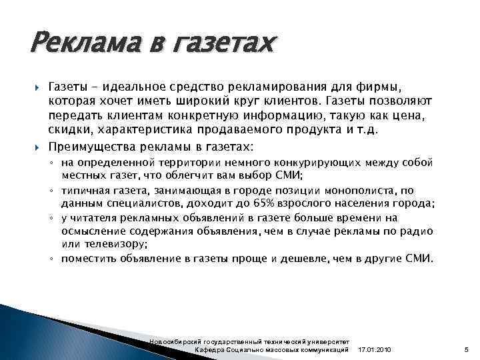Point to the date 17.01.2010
pos(375,350)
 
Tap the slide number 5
pos(466,350)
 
